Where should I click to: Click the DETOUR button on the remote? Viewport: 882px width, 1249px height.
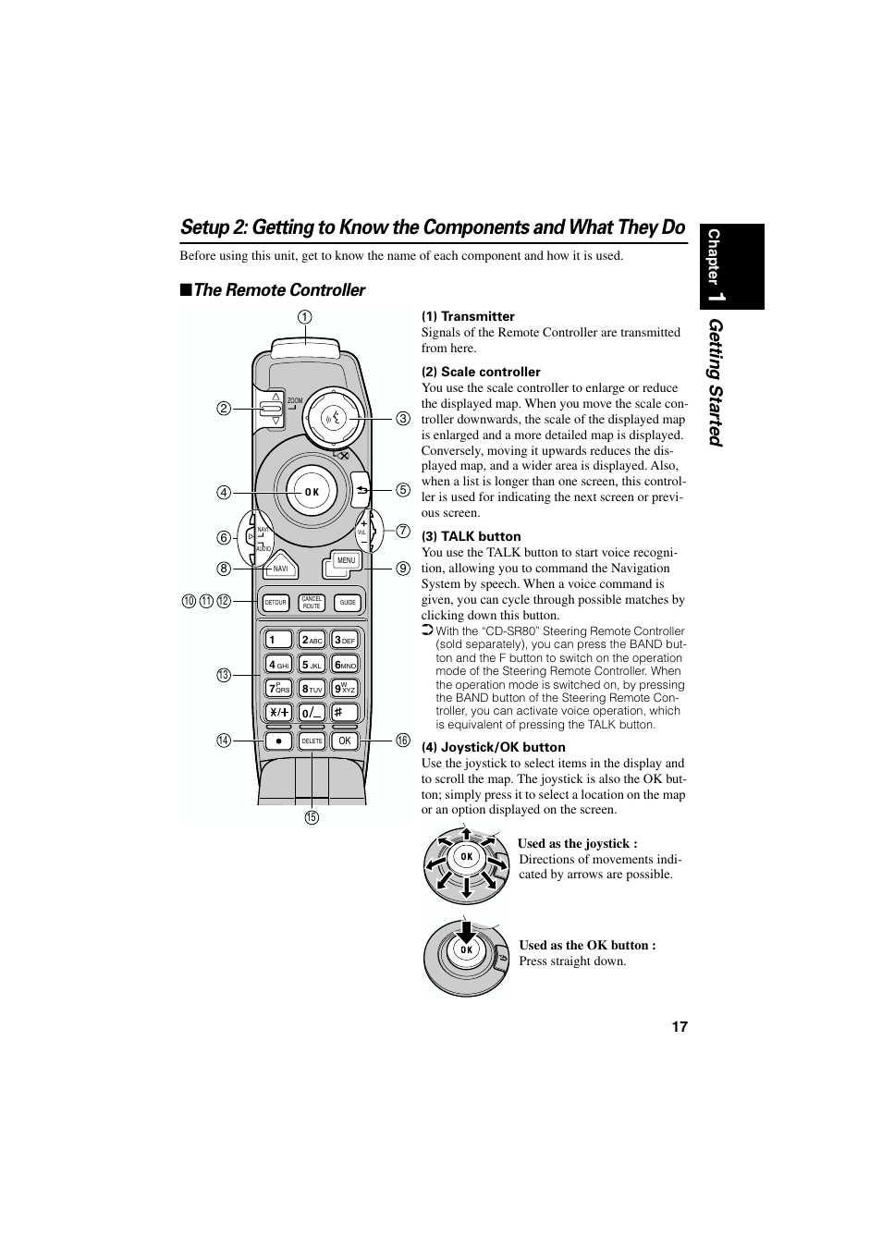pos(276,603)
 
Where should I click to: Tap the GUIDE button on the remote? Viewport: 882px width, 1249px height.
pos(348,603)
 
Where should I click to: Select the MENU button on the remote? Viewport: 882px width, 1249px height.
pos(346,561)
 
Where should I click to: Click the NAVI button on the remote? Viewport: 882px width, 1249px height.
pos(281,569)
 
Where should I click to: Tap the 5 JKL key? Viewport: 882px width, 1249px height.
pos(312,665)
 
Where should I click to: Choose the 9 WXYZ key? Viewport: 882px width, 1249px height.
pos(345,689)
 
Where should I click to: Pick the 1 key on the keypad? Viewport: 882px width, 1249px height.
pos(277,640)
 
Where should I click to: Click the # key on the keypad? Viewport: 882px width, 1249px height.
pos(345,713)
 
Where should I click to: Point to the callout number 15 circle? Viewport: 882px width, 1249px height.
pos(312,817)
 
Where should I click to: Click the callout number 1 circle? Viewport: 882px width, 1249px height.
pos(304,317)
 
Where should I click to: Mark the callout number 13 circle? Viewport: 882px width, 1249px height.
pos(223,676)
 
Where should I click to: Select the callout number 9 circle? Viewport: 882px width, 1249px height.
pos(403,569)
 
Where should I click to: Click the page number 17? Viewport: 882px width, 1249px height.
pos(680,1027)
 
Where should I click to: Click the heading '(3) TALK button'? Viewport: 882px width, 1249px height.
pos(471,536)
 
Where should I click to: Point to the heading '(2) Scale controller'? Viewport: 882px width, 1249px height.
pos(481,372)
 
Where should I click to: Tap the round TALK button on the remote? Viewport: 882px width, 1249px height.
pos(335,418)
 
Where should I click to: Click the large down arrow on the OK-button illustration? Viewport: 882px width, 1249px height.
pos(467,930)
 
